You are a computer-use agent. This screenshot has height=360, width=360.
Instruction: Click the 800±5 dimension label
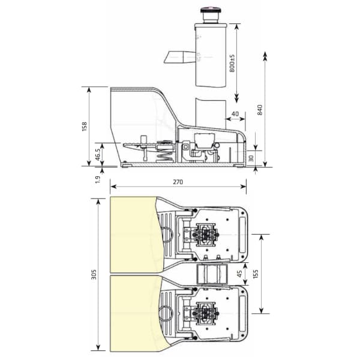232,64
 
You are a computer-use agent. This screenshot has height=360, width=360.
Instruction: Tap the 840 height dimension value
260,110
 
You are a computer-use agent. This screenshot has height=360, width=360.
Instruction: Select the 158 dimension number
85,127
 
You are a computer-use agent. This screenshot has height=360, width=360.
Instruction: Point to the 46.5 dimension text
98,155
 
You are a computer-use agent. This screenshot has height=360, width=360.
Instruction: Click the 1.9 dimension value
98,179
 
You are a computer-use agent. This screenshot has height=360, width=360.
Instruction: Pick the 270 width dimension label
178,182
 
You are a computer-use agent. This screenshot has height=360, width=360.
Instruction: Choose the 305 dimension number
94,275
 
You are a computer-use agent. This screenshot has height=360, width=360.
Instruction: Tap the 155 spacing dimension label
256,274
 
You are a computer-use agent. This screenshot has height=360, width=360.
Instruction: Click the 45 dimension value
239,274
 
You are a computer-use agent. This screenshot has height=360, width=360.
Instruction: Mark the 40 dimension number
235,113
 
